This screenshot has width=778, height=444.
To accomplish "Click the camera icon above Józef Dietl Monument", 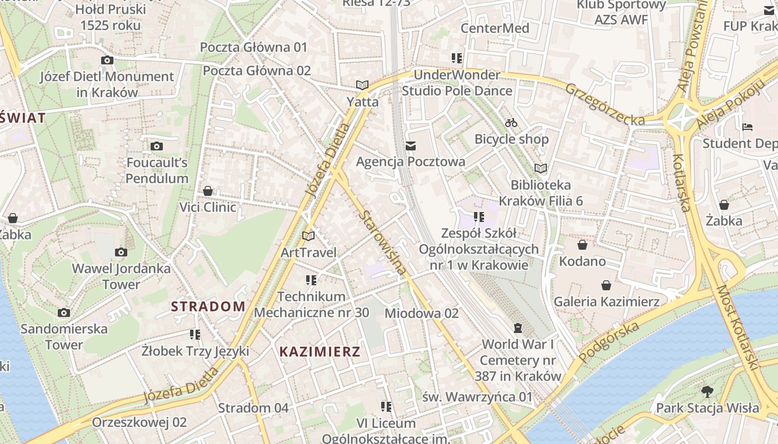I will coord(107,60).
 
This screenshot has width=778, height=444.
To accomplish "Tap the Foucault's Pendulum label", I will coord(157,170).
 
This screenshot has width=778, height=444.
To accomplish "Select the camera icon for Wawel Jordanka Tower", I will coord(121,253).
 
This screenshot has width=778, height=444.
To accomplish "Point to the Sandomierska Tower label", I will coord(64,336).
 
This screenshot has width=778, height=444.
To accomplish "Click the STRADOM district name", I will coord(208,306).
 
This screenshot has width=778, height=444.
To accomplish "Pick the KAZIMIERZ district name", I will coord(320,351).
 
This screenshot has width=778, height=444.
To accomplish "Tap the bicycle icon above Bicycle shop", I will coord(511,123).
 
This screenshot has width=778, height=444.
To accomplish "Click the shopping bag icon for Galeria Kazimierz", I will coord(606,285).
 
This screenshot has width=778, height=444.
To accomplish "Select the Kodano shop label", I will coord(582,261).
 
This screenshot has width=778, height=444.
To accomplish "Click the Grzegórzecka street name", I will coord(605,104).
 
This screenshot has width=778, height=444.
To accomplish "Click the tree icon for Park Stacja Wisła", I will coord(707,392).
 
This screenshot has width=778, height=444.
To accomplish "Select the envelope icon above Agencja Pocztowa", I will coord(411,146).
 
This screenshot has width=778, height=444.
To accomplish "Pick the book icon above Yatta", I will coord(362,85).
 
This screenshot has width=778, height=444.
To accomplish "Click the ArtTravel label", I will coord(308,253).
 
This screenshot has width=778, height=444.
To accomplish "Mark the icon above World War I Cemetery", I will coord(518,328).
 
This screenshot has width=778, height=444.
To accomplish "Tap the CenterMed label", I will coord(495,28).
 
